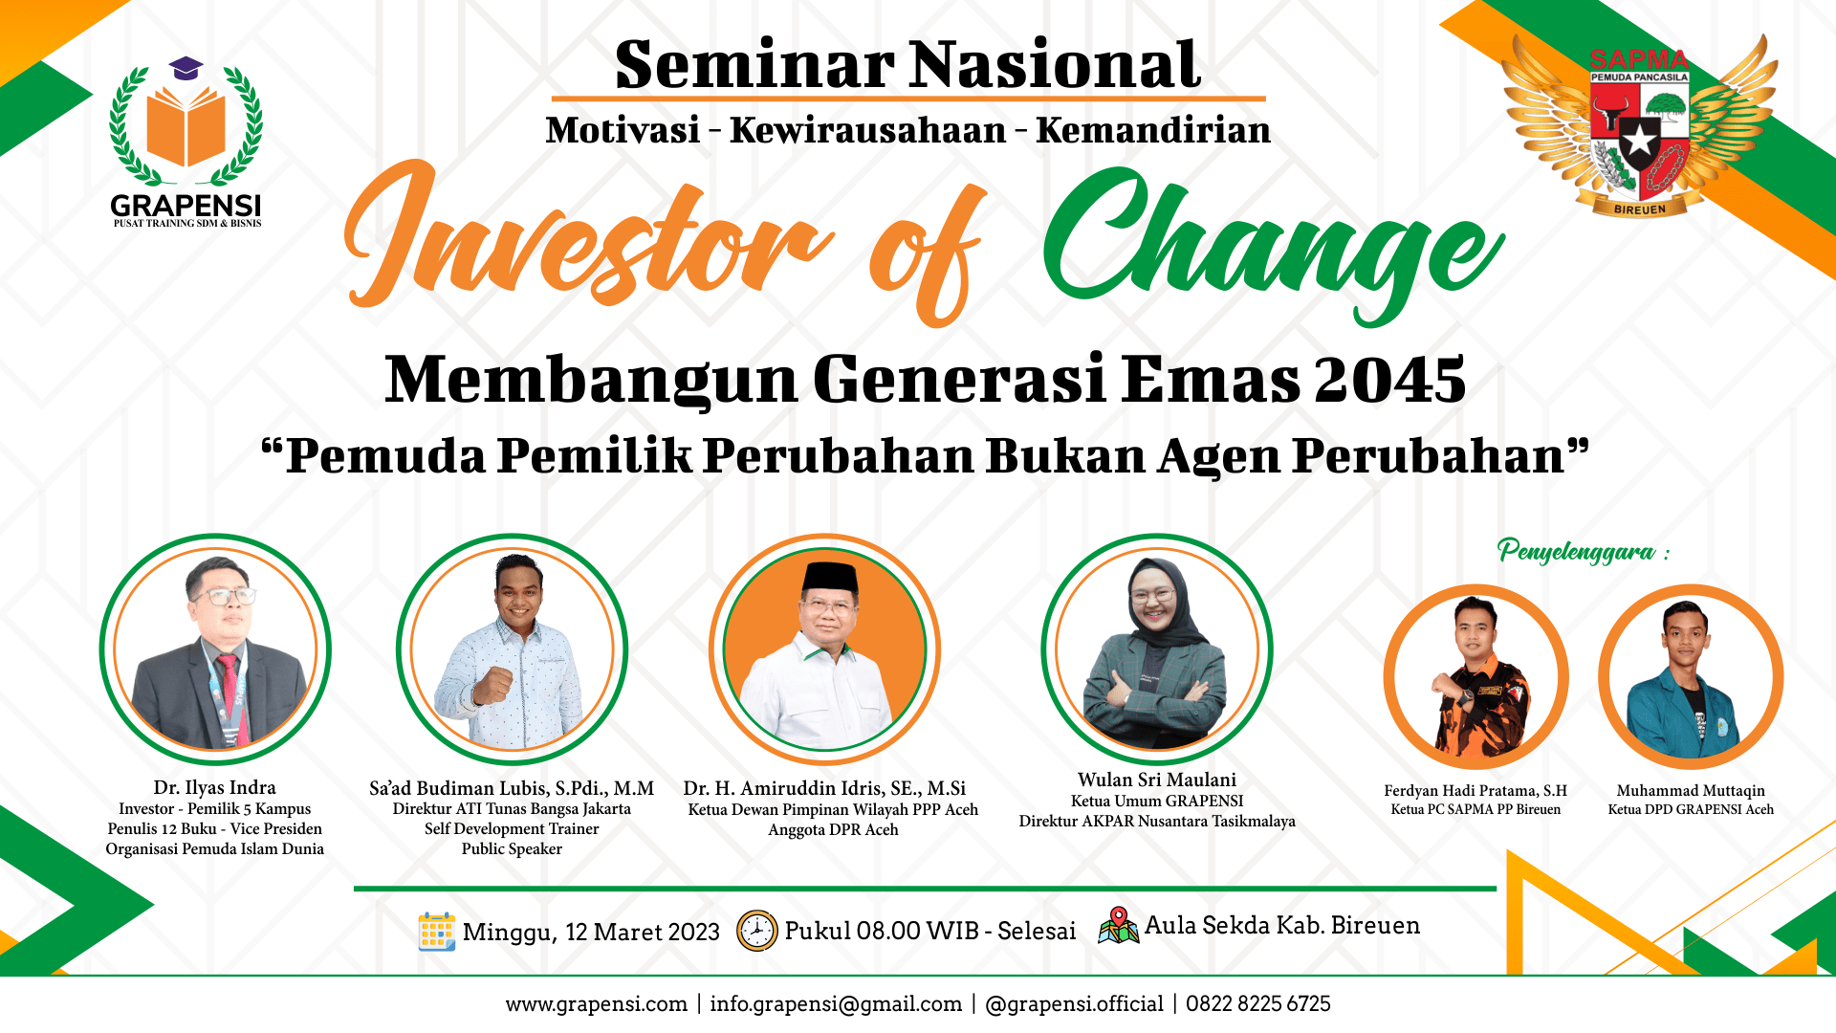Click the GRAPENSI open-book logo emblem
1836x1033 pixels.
[186, 122]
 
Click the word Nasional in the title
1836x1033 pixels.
[1055, 65]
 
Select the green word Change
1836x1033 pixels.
[1273, 245]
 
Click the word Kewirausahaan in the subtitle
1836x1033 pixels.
[868, 130]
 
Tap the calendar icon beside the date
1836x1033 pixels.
[437, 931]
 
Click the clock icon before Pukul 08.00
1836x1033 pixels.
[756, 931]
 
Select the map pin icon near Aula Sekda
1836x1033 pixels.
[1119, 925]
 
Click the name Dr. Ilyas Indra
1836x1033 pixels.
[215, 787]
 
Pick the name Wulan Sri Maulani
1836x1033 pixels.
[1157, 780]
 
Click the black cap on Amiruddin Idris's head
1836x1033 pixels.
[829, 578]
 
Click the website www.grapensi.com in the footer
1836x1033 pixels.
[597, 1003]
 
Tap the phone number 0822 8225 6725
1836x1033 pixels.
[1258, 1003]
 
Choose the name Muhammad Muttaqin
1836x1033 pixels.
[1691, 790]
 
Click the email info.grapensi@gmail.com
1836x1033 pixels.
[836, 1003]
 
